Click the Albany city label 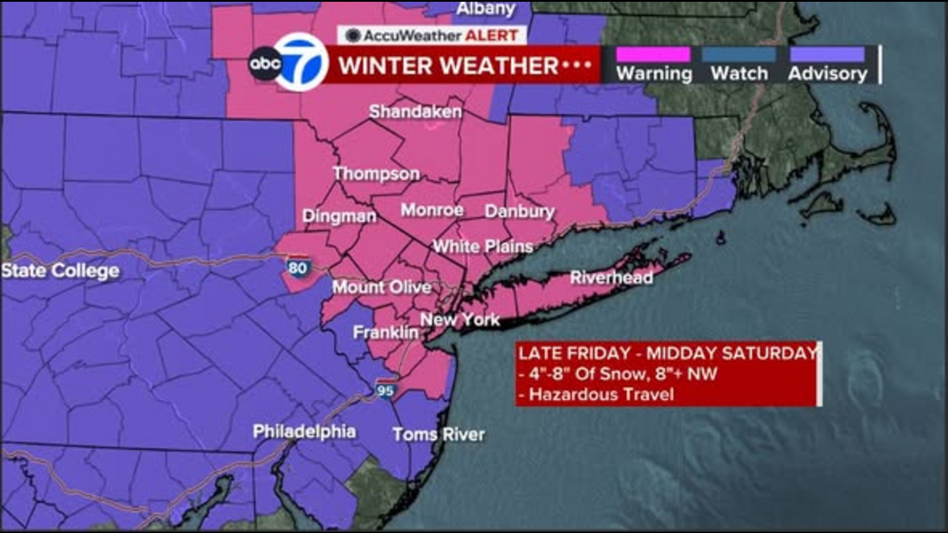click(x=486, y=8)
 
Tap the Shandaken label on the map click(x=415, y=111)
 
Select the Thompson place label click(x=376, y=174)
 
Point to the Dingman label click(x=339, y=216)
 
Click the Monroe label click(x=432, y=210)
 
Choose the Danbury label click(x=520, y=211)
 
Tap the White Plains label click(x=483, y=246)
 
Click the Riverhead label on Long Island click(x=611, y=277)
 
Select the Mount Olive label click(x=382, y=287)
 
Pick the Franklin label click(x=386, y=332)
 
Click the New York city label click(x=460, y=320)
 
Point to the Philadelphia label click(x=304, y=431)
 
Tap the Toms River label click(x=438, y=434)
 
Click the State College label click(x=60, y=271)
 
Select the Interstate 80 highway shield click(x=297, y=267)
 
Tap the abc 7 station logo click(x=289, y=63)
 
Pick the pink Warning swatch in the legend click(x=654, y=55)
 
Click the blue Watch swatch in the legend click(x=739, y=55)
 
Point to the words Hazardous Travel click(x=601, y=394)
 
